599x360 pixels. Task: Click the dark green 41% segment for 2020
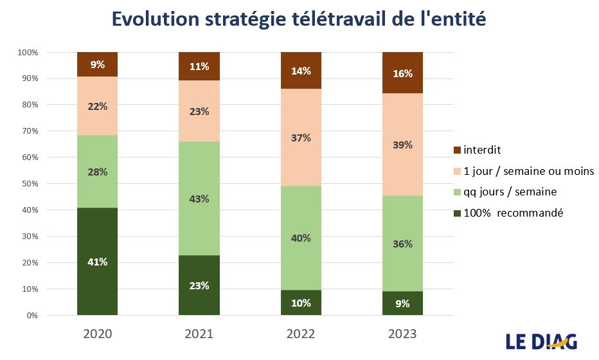pyautogui.click(x=97, y=262)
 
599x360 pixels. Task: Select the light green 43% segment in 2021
pyautogui.click(x=199, y=199)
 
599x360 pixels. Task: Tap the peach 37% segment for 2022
pyautogui.click(x=301, y=138)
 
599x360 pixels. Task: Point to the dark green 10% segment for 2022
pyautogui.click(x=301, y=303)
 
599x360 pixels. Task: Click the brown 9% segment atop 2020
pyautogui.click(x=97, y=64)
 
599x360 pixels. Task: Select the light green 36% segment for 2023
pyautogui.click(x=402, y=244)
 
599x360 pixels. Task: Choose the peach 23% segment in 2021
pyautogui.click(x=199, y=111)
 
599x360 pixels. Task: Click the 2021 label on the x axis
pyautogui.click(x=199, y=334)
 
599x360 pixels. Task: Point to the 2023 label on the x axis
pyautogui.click(x=402, y=334)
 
